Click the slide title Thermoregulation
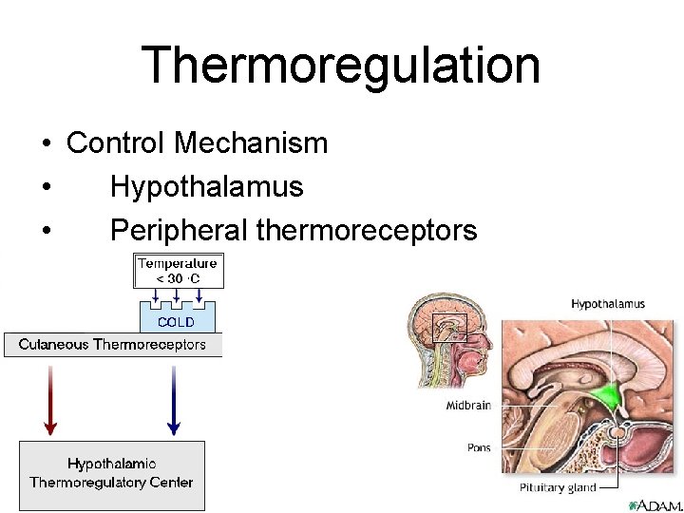pos(341,66)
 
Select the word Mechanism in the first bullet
pos(252,143)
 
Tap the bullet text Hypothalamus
pos(206,187)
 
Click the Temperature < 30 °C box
pos(178,271)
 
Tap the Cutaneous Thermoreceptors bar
pos(112,345)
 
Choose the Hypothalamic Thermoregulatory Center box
pos(112,474)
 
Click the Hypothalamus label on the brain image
pos(608,304)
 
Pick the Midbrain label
pos(468,406)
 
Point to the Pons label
pos(479,446)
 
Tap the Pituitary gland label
pos(558,487)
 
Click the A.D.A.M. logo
pos(653,503)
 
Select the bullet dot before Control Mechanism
pos(46,144)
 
